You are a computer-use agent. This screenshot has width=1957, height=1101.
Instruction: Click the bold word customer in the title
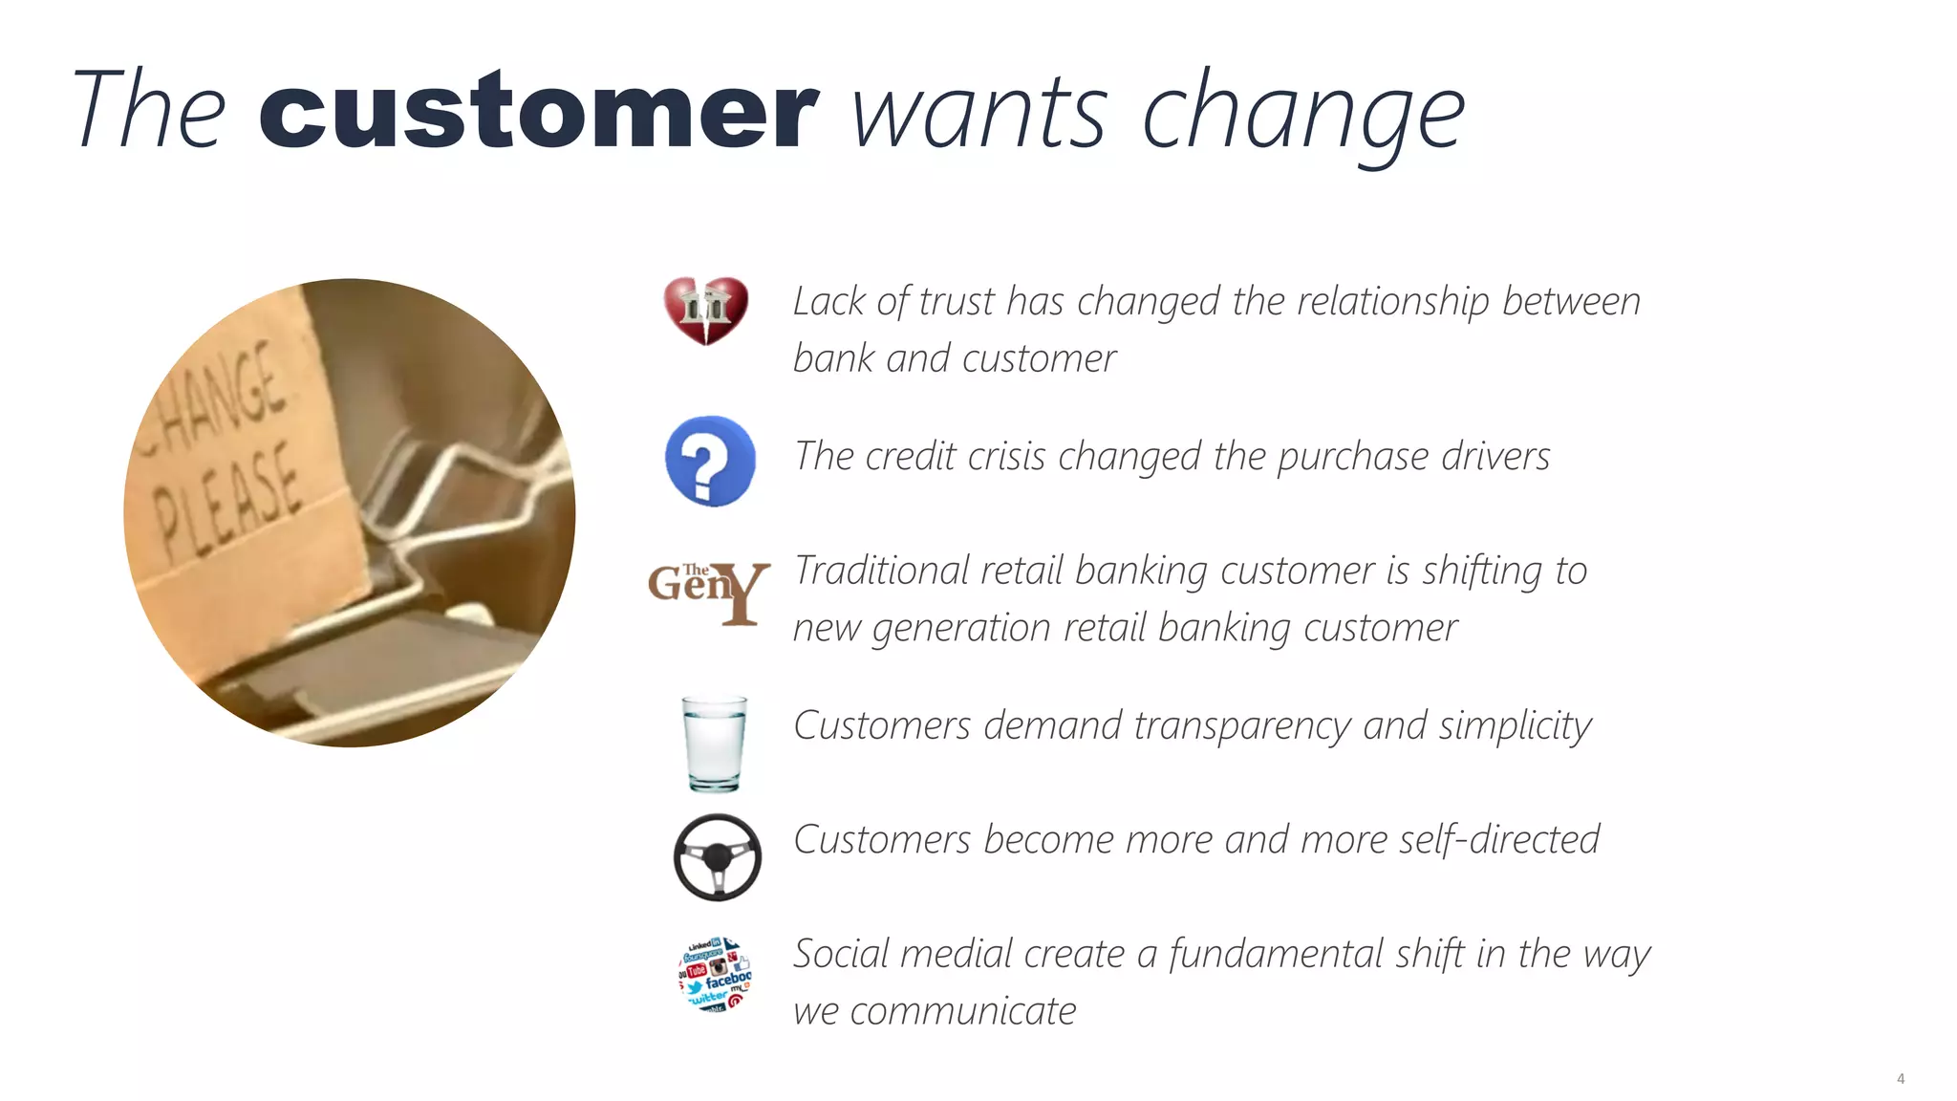[538, 112]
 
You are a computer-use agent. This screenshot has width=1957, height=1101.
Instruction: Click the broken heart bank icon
[705, 311]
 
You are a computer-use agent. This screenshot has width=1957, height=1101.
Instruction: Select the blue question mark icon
[709, 461]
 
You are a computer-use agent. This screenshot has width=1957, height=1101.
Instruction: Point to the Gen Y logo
[708, 592]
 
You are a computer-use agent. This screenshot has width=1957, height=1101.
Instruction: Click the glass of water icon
[714, 743]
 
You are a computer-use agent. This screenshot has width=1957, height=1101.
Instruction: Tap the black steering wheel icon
[717, 857]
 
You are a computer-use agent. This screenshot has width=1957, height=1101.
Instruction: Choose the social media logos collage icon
[715, 974]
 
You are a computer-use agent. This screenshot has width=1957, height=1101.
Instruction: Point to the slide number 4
[1900, 1078]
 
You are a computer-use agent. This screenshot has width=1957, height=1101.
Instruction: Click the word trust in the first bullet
[958, 302]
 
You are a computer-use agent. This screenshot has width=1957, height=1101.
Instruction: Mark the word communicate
[962, 1012]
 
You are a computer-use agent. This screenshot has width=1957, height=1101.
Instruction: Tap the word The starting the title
[148, 112]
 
